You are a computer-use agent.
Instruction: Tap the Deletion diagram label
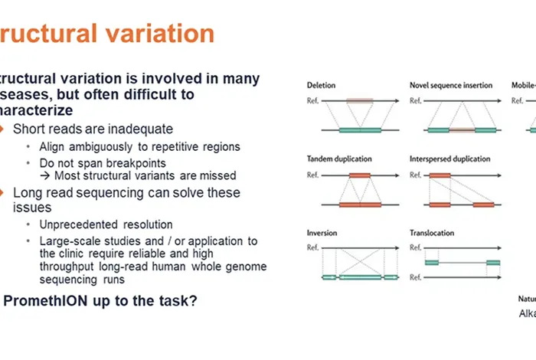pyautogui.click(x=321, y=85)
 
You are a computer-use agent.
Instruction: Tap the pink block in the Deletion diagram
pyautogui.click(x=360, y=100)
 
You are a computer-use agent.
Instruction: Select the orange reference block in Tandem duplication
pyautogui.click(x=360, y=175)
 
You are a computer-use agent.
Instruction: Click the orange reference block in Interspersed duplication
pyautogui.click(x=440, y=175)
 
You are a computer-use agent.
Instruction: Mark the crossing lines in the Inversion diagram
pyautogui.click(x=360, y=263)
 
